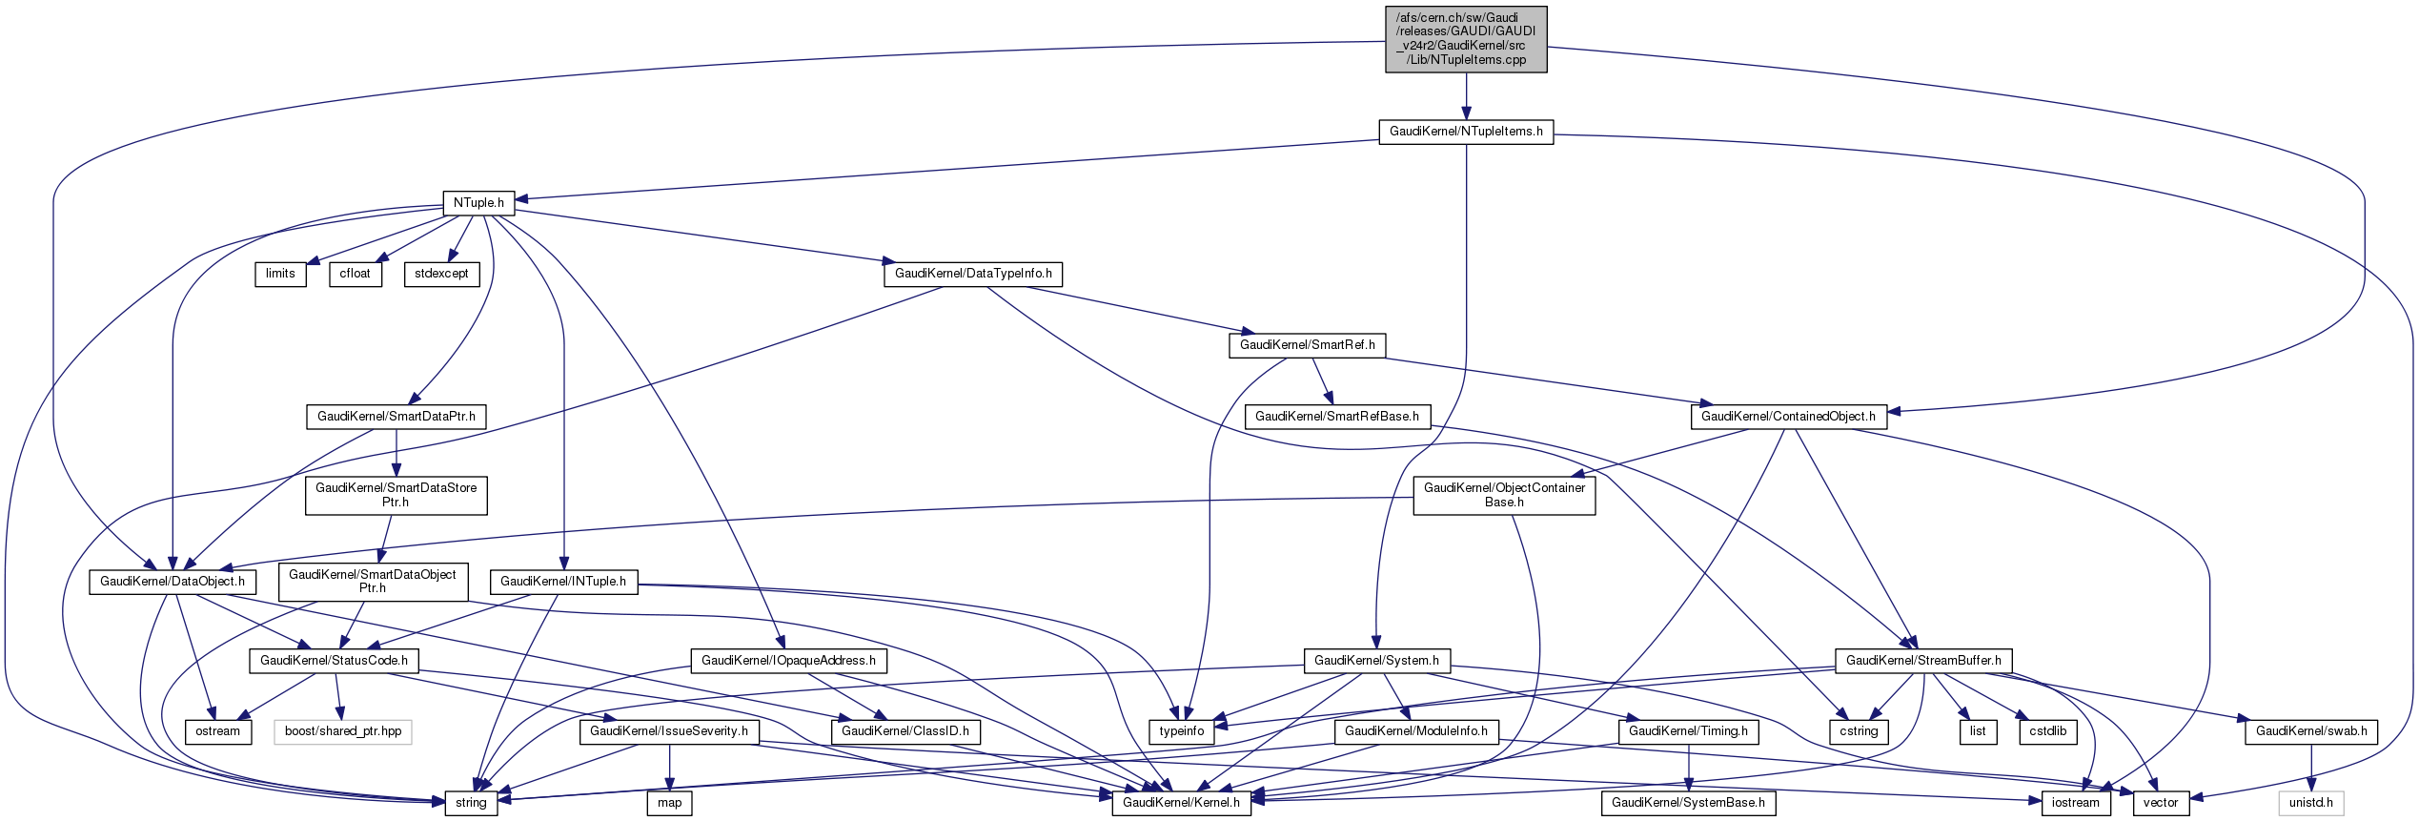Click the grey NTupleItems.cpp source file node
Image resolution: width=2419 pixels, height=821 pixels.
[x=1466, y=39]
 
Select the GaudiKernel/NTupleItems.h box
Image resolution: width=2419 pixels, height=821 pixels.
[x=1466, y=132]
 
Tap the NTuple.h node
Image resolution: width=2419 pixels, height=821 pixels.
[x=478, y=203]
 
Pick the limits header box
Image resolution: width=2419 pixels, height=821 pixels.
[x=280, y=274]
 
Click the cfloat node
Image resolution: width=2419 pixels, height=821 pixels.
[x=356, y=274]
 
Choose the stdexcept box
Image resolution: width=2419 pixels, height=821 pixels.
[x=441, y=274]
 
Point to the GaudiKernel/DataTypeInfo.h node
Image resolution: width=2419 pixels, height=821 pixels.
[x=973, y=274]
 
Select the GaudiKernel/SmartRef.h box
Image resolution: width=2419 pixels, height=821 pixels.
[x=1307, y=345]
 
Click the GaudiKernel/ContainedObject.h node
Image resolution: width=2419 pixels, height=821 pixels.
[x=1788, y=417]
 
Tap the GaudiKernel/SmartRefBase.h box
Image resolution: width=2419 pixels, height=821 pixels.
[x=1336, y=417]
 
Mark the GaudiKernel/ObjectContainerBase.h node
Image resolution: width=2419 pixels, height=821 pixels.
[x=1504, y=495]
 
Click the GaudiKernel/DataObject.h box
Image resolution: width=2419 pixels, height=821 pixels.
[x=173, y=582]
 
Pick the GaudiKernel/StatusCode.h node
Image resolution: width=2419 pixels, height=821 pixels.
[x=334, y=661]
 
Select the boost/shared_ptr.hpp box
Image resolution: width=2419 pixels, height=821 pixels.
[x=343, y=731]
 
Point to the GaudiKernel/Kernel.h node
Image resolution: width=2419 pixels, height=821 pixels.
[x=1181, y=803]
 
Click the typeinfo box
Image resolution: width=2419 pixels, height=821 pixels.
[x=1182, y=731]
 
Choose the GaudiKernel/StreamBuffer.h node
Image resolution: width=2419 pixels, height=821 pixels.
[x=1923, y=661]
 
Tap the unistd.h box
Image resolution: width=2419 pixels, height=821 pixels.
[x=2310, y=803]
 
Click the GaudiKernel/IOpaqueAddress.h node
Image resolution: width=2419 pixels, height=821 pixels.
[x=788, y=661]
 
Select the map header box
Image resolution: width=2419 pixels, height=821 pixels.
[x=670, y=803]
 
